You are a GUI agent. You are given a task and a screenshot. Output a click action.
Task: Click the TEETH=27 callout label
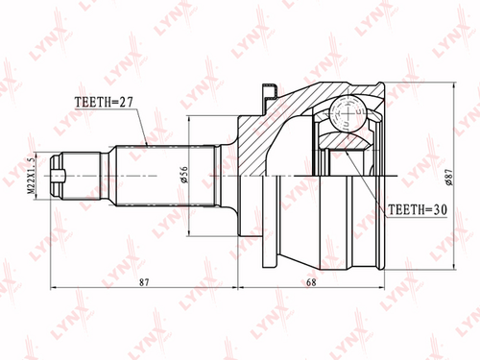pos(104,102)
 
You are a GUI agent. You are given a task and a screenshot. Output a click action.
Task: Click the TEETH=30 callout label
pos(418,209)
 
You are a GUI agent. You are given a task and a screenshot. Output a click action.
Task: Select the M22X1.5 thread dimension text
pos(31,176)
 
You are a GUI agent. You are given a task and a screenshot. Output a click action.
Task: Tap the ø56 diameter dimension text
pos(184,175)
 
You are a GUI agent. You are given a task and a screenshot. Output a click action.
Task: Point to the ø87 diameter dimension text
pos(449,177)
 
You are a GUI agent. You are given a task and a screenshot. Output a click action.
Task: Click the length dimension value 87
pos(144,282)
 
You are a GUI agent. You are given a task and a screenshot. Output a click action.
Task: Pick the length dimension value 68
pos(311,282)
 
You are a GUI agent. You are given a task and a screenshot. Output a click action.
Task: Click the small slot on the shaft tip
pos(59,176)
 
